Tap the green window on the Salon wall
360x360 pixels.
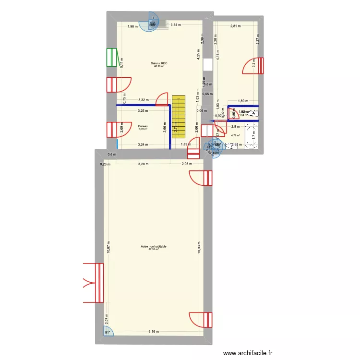point(112,58)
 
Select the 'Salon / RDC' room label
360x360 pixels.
point(159,63)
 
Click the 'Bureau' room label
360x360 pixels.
point(143,126)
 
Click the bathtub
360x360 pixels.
point(252,135)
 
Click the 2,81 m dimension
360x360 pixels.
point(235,26)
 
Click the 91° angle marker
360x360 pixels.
point(108,332)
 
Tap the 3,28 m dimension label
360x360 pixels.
point(143,164)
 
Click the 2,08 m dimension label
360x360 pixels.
point(187,164)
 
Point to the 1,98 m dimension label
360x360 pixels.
point(132,26)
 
